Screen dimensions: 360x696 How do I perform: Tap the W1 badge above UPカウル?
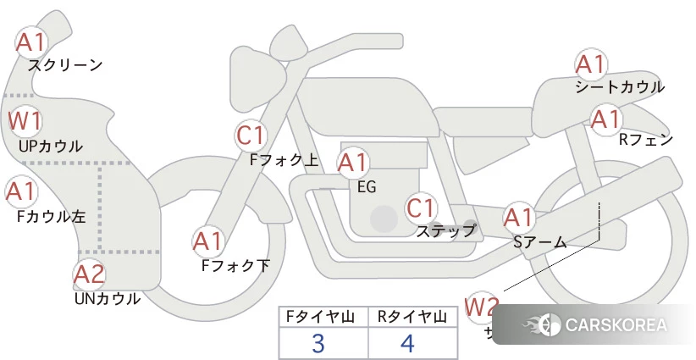25,121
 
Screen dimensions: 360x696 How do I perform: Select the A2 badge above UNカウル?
89,274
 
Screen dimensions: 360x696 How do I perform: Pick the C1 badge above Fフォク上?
252,135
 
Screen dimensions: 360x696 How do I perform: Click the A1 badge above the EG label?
354,162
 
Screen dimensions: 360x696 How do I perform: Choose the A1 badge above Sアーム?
518,218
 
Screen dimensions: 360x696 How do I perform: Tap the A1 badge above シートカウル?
590,64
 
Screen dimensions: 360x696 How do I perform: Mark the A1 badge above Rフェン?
605,119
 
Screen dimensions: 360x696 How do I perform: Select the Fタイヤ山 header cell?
323,317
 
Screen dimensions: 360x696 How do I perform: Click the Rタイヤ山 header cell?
413,317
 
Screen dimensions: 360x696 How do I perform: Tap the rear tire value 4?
407,343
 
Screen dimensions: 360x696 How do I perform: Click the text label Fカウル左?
52,216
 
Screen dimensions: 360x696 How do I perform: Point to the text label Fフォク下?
235,265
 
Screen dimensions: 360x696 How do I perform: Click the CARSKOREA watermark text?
615,324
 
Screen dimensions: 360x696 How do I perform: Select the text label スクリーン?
65,64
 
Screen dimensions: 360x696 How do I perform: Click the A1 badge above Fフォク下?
207,242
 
